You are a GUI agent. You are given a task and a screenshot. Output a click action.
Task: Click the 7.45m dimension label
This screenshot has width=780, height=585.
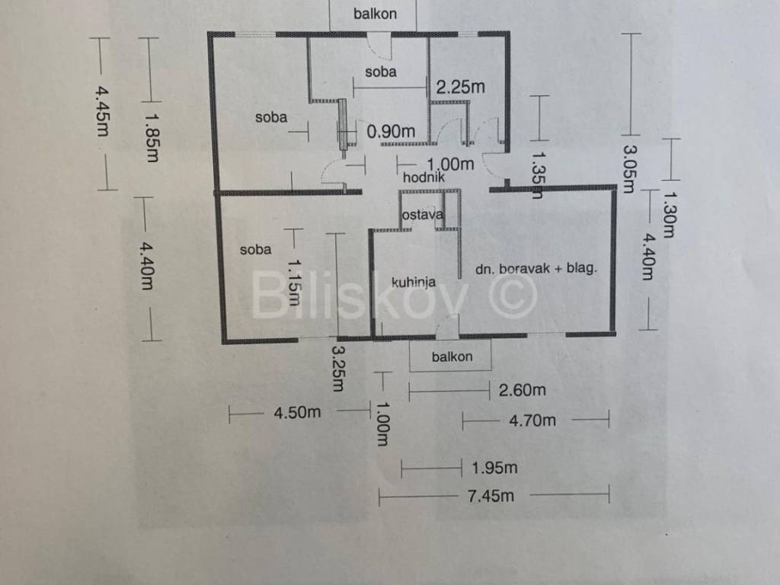(x=490, y=497)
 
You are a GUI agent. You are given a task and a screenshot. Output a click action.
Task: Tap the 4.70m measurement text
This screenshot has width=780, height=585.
(x=532, y=420)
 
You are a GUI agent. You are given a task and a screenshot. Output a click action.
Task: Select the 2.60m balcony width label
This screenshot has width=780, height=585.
(x=522, y=391)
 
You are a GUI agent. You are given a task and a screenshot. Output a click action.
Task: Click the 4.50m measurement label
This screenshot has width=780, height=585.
(x=297, y=413)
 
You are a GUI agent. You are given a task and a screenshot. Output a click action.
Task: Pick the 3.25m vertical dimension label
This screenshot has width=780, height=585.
(x=337, y=369)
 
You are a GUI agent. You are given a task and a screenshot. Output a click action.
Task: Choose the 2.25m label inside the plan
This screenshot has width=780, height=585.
(x=460, y=88)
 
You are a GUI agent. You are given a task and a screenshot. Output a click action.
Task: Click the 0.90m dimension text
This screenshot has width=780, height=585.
(x=391, y=132)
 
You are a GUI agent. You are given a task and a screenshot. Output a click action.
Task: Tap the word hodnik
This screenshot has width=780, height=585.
(x=424, y=177)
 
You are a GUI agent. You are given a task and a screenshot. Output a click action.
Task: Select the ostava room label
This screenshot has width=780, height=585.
(x=422, y=215)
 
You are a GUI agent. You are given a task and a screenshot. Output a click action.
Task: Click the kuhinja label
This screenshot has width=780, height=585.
(x=414, y=283)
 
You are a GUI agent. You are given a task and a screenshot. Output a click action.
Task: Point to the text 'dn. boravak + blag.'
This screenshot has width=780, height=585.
(x=535, y=268)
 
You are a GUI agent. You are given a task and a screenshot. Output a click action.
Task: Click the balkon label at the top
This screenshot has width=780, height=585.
(x=375, y=14)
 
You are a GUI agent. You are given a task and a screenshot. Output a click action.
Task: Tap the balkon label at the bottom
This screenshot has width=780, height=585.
(x=452, y=356)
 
